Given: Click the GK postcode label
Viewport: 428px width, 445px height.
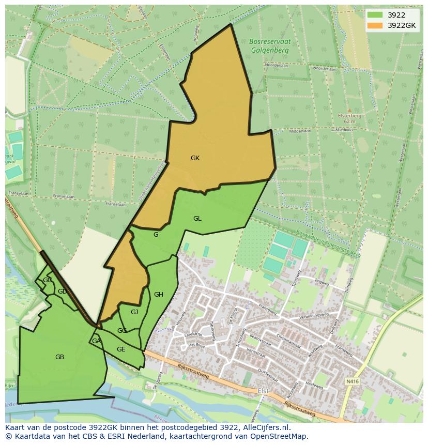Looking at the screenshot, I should click(195, 158).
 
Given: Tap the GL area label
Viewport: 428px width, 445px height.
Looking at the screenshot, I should click(197, 219).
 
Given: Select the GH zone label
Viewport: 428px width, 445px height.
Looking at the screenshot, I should click(159, 295).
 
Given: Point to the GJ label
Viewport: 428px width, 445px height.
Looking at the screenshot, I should click(134, 312).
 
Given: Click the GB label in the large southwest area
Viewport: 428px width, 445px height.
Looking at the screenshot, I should click(59, 357).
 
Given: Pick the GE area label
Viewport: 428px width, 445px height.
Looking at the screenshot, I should click(121, 349).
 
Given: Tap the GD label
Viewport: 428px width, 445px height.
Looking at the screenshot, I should click(62, 291).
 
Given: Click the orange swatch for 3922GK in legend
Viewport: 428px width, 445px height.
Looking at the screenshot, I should click(375, 25).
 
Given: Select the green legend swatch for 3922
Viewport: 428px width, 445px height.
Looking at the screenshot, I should click(375, 15).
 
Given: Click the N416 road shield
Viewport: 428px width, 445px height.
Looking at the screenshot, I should click(353, 381).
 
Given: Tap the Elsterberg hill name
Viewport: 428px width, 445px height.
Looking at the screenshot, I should click(349, 116).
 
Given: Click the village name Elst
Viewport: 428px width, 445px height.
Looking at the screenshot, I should click(263, 391).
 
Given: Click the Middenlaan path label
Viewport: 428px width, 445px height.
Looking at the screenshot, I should click(300, 131).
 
